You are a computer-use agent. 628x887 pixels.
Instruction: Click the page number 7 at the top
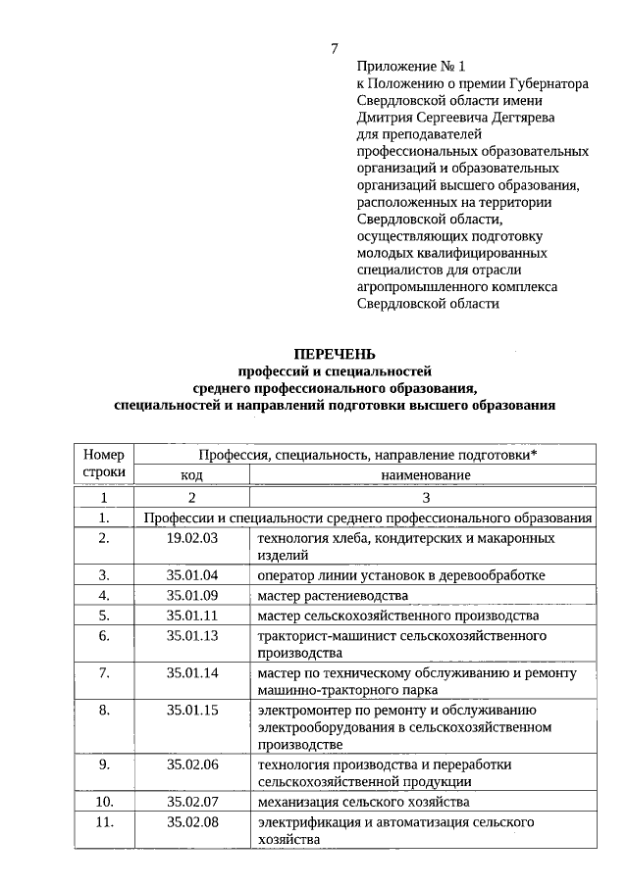(335, 49)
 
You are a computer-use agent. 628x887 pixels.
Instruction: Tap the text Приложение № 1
(409, 67)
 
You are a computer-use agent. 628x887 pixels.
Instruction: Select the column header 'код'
(191, 474)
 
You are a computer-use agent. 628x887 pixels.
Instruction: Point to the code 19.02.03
(191, 538)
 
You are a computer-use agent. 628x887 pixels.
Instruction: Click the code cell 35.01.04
(191, 574)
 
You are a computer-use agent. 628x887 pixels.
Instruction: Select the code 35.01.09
(191, 595)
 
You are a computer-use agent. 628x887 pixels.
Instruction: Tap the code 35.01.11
(191, 616)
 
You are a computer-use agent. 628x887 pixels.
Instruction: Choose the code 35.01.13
(191, 635)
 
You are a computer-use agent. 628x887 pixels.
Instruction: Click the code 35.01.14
(191, 672)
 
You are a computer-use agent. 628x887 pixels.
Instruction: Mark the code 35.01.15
(191, 710)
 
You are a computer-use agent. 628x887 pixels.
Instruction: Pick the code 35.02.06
(191, 764)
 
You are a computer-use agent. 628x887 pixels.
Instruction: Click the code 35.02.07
(191, 802)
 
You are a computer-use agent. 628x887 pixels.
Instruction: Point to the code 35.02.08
(191, 821)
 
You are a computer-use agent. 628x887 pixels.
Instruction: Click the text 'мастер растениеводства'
(332, 595)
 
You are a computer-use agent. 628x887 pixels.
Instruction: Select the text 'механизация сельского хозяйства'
(363, 802)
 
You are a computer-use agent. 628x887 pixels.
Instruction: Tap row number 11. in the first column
(105, 821)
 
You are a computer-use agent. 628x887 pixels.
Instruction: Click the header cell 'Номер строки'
(105, 464)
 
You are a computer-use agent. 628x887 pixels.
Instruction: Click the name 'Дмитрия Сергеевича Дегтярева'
(455, 118)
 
